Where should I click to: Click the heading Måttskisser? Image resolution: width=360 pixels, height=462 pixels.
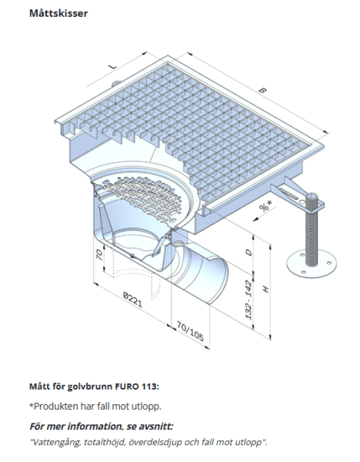(x=58, y=14)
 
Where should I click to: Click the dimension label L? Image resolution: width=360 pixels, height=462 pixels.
(x=113, y=67)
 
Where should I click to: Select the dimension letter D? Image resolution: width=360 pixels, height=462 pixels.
(x=247, y=253)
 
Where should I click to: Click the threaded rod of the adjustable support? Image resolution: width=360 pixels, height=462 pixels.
(x=312, y=231)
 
